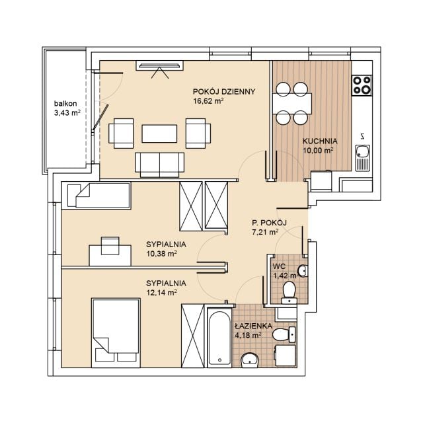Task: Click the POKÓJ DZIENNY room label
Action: click(224, 92)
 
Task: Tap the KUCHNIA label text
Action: click(320, 141)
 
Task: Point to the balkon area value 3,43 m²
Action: click(67, 113)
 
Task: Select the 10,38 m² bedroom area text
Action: click(161, 254)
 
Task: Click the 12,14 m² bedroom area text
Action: click(161, 292)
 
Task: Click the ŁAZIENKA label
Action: click(253, 326)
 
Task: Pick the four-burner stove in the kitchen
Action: click(362, 85)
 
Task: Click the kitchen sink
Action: click(362, 158)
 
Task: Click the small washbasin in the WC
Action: click(303, 270)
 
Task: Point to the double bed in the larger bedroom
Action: click(116, 333)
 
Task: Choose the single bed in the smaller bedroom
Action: click(96, 196)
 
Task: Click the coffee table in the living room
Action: click(159, 134)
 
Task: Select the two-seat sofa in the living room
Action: click(159, 165)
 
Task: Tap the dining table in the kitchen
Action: click(292, 104)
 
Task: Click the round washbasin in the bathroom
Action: click(250, 360)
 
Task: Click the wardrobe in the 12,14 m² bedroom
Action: click(192, 336)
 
